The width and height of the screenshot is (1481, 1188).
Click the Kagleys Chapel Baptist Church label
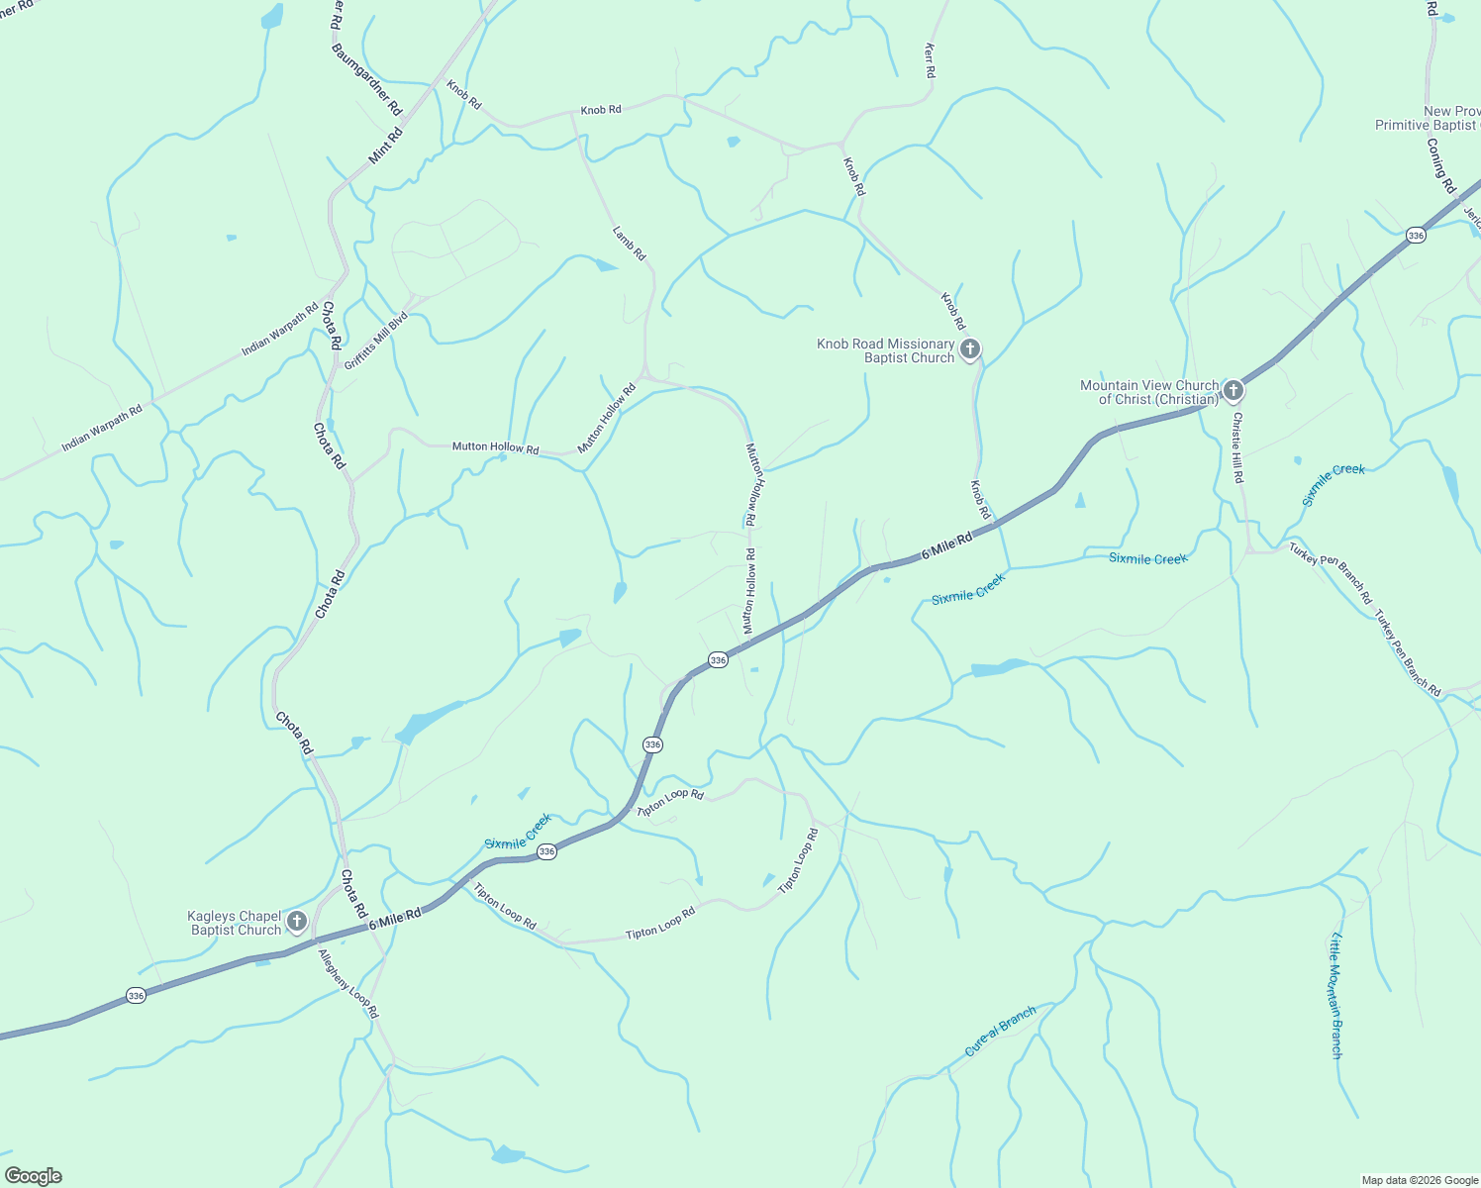[235, 923]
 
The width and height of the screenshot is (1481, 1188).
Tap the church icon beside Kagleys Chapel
[296, 923]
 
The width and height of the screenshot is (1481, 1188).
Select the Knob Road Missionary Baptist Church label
[885, 350]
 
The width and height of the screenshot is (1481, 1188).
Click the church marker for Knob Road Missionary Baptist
[970, 348]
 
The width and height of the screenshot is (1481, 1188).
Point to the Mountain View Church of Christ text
[1148, 392]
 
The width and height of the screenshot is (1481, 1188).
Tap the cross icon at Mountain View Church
[1233, 391]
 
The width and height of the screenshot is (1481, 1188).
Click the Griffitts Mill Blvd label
[376, 341]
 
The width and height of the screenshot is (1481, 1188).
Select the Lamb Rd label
[629, 244]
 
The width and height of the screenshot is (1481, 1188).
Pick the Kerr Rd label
[930, 60]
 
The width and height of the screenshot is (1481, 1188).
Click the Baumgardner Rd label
[367, 79]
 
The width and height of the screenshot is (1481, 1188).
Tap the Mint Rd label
[385, 146]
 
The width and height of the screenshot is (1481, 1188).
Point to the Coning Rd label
[1441, 164]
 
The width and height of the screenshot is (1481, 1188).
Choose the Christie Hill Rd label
[1237, 447]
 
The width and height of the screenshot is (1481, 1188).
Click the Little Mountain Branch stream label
[1336, 995]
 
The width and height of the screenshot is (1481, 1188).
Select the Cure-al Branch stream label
[1000, 1031]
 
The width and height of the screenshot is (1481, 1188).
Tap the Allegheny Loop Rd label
[348, 983]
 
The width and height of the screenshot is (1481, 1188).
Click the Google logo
[34, 1176]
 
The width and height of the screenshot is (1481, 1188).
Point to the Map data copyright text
[1420, 1180]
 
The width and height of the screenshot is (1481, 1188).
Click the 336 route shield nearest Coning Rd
[1416, 235]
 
